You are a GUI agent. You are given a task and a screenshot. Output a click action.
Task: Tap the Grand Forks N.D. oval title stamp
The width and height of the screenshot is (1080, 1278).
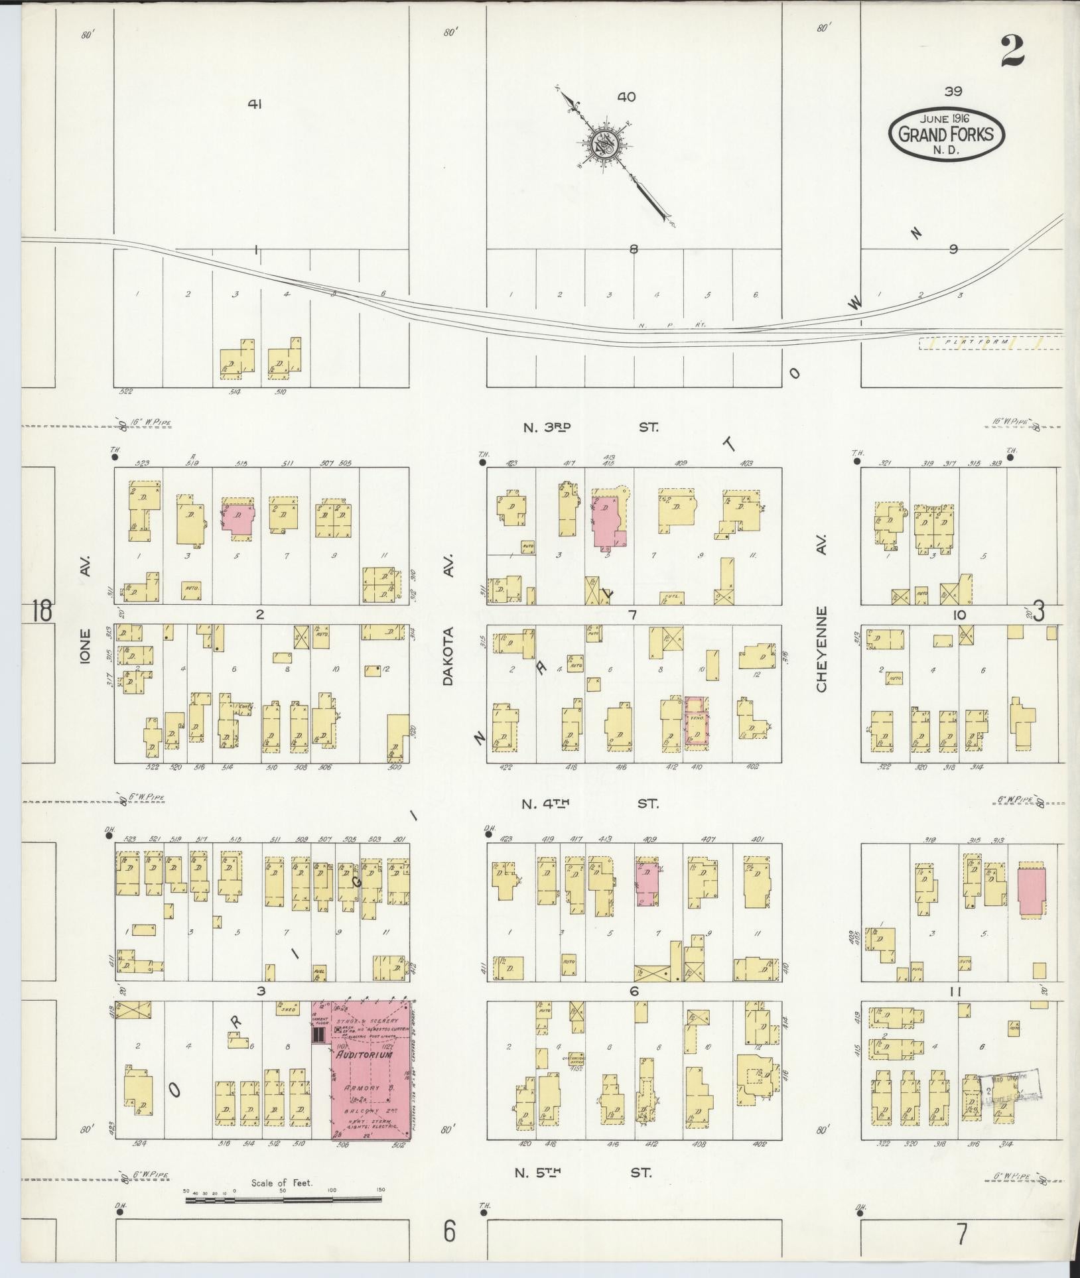click(x=947, y=135)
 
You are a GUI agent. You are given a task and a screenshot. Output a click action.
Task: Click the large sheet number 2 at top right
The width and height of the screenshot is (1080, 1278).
click(x=1012, y=50)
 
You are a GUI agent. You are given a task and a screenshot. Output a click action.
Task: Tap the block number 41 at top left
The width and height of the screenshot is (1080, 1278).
click(x=255, y=104)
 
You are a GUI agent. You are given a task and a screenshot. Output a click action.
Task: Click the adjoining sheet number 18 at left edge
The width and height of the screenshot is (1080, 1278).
click(x=40, y=611)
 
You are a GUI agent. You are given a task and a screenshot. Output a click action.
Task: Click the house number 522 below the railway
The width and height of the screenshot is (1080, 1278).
click(x=126, y=392)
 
